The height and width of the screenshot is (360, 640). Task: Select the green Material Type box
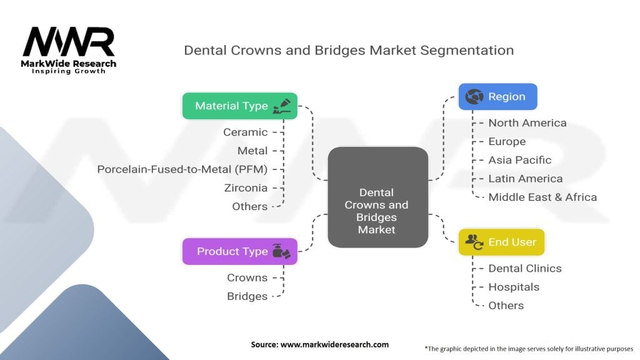coord(239,106)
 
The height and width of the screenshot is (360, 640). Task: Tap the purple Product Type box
coord(239,251)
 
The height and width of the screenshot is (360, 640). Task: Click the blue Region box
coord(497,97)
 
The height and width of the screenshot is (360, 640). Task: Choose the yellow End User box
coord(501,242)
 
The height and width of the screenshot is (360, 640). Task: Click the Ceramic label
coord(246,132)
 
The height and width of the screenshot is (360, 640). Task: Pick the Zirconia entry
coord(246,187)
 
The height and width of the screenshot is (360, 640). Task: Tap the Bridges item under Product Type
coord(247,296)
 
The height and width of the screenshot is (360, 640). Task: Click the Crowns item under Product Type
coord(247,277)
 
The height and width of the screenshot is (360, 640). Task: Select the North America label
coord(527,122)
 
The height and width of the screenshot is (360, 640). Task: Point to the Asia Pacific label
coord(520,160)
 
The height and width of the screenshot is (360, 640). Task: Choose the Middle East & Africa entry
coord(542,197)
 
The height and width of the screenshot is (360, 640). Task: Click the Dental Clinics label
coord(525,268)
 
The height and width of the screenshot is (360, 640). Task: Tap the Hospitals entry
coord(514,287)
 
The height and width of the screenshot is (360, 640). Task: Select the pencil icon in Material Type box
coord(282,105)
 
